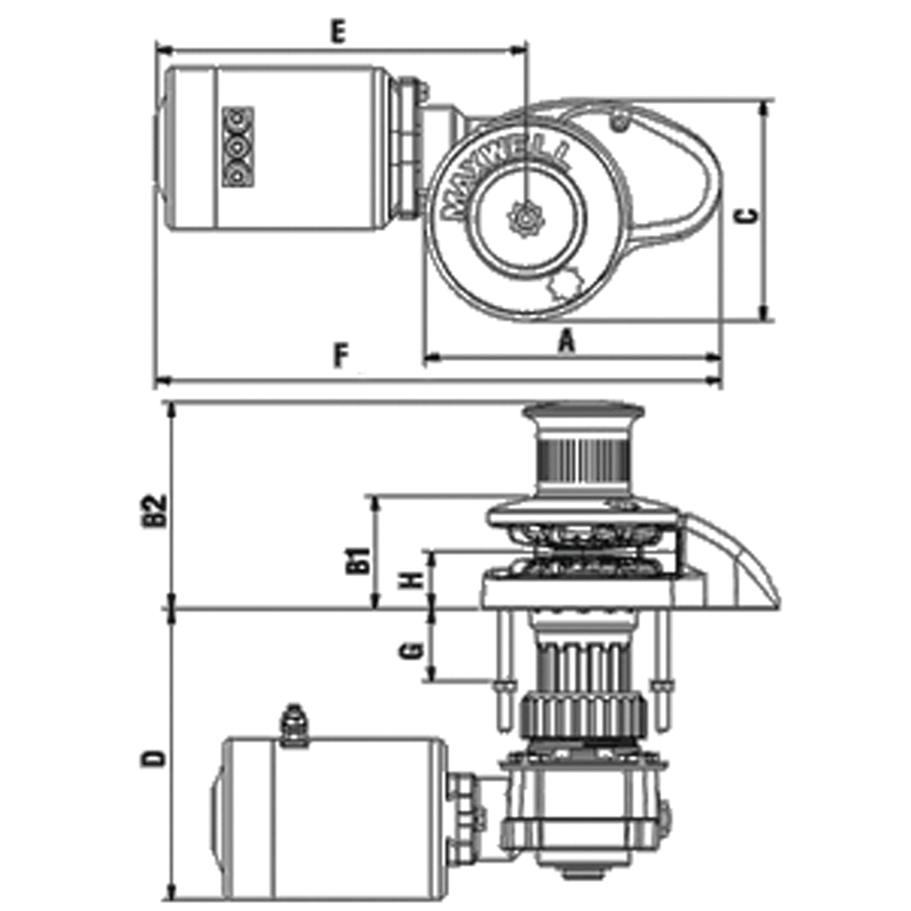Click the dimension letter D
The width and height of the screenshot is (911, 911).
click(154, 758)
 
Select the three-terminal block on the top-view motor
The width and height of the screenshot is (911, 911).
click(237, 145)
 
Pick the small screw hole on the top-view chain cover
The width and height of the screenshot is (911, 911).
click(619, 123)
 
